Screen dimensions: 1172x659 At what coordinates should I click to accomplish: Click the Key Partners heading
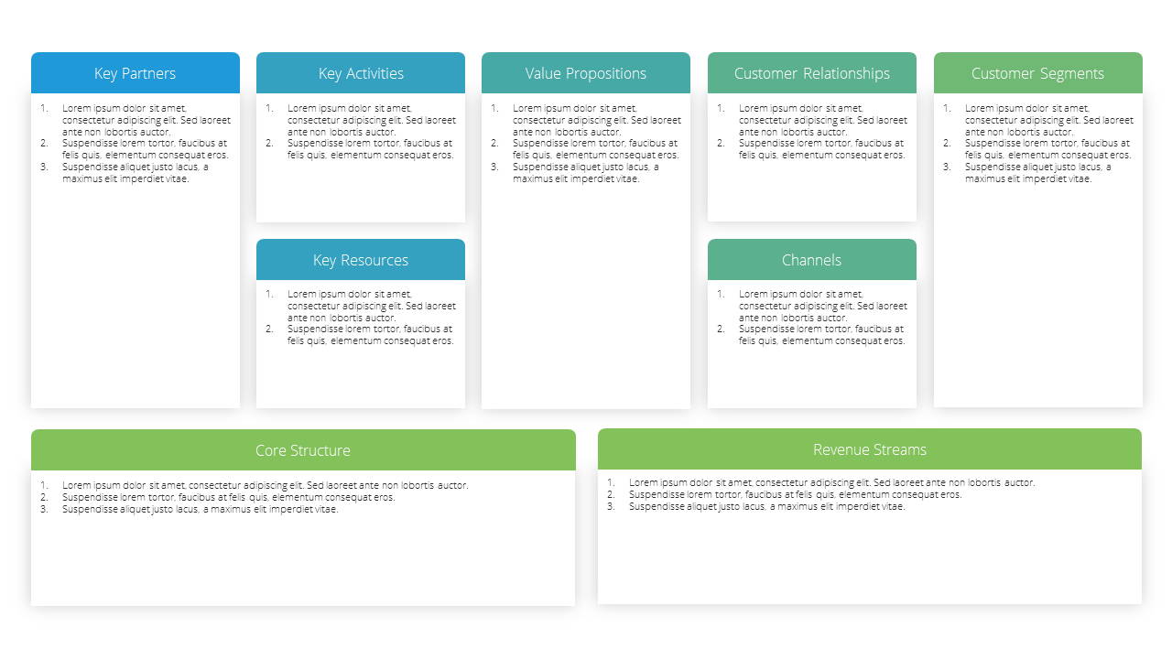(x=135, y=74)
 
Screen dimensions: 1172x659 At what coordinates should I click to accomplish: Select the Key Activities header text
(x=361, y=74)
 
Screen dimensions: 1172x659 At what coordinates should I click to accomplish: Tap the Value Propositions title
(x=585, y=74)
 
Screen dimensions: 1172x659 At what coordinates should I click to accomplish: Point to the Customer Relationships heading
(x=811, y=74)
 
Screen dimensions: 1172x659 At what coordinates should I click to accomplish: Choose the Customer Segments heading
(x=1037, y=74)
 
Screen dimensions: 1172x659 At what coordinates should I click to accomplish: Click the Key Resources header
(x=361, y=261)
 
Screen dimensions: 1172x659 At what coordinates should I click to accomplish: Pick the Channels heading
(x=811, y=260)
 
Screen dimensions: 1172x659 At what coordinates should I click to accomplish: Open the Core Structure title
(x=303, y=450)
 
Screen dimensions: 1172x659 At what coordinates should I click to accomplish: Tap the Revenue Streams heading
(x=870, y=449)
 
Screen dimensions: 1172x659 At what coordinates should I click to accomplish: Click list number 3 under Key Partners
(x=44, y=167)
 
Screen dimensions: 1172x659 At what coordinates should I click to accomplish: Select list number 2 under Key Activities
(x=269, y=144)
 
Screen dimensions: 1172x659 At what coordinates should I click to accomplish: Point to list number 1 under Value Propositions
(x=494, y=108)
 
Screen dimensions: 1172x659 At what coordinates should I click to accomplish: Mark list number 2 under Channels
(x=721, y=329)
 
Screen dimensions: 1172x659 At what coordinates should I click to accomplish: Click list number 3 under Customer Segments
(x=947, y=167)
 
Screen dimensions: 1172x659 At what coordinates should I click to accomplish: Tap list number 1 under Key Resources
(x=269, y=294)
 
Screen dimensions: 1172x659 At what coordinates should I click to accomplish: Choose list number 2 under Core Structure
(x=44, y=497)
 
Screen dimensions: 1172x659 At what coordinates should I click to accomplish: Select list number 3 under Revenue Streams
(x=611, y=506)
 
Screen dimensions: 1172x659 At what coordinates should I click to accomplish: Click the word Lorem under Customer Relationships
(x=753, y=108)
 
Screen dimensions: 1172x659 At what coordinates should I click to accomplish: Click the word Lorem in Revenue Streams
(x=643, y=482)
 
